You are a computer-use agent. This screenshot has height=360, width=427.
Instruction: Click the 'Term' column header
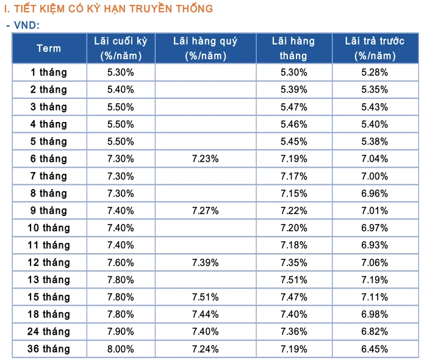(49, 48)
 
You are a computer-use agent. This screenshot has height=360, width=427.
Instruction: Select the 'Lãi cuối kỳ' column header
(121, 48)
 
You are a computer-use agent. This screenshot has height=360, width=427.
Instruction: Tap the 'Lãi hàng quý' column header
(205, 48)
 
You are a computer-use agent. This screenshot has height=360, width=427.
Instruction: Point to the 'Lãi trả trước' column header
(375, 48)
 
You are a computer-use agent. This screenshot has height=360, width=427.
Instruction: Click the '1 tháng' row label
(49, 72)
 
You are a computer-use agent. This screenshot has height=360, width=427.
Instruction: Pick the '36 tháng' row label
(49, 349)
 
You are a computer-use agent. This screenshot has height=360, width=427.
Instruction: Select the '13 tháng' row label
(49, 279)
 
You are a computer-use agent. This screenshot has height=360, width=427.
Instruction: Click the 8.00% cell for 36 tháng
(121, 349)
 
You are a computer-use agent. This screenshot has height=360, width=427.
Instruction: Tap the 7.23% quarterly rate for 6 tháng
(205, 159)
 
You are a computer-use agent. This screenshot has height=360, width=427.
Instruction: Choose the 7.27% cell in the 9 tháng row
(205, 211)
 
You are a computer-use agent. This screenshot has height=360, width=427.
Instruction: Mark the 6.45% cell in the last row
(375, 349)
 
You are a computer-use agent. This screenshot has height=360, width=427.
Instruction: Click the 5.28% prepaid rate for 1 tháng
(375, 72)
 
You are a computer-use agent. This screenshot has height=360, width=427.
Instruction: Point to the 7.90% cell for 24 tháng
(121, 332)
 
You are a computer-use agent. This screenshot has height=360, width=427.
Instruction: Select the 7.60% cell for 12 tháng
(121, 262)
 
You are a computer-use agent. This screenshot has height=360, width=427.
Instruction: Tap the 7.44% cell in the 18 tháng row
(205, 314)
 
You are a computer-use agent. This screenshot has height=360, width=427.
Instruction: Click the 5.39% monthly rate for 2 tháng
(293, 90)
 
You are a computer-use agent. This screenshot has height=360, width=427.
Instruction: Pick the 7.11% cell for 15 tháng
(375, 297)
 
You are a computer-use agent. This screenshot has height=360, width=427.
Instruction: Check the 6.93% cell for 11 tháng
(375, 245)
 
